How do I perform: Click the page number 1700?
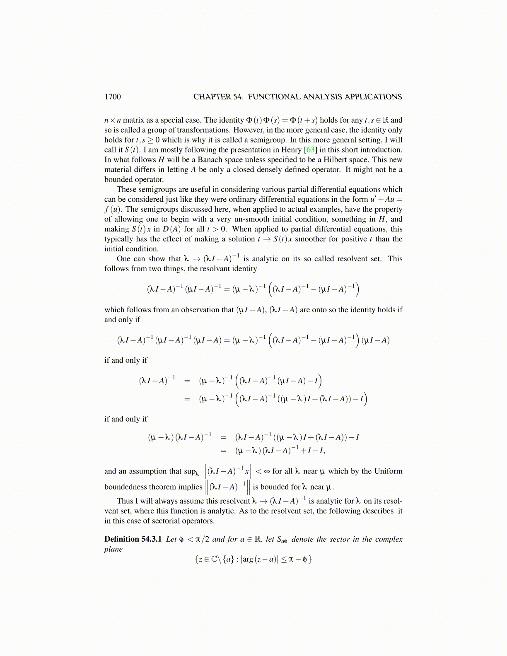[x=113, y=97]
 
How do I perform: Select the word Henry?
[x=291, y=150]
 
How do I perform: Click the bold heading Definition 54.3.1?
[x=133, y=539]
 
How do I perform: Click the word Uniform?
[x=388, y=471]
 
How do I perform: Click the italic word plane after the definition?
[x=113, y=549]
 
